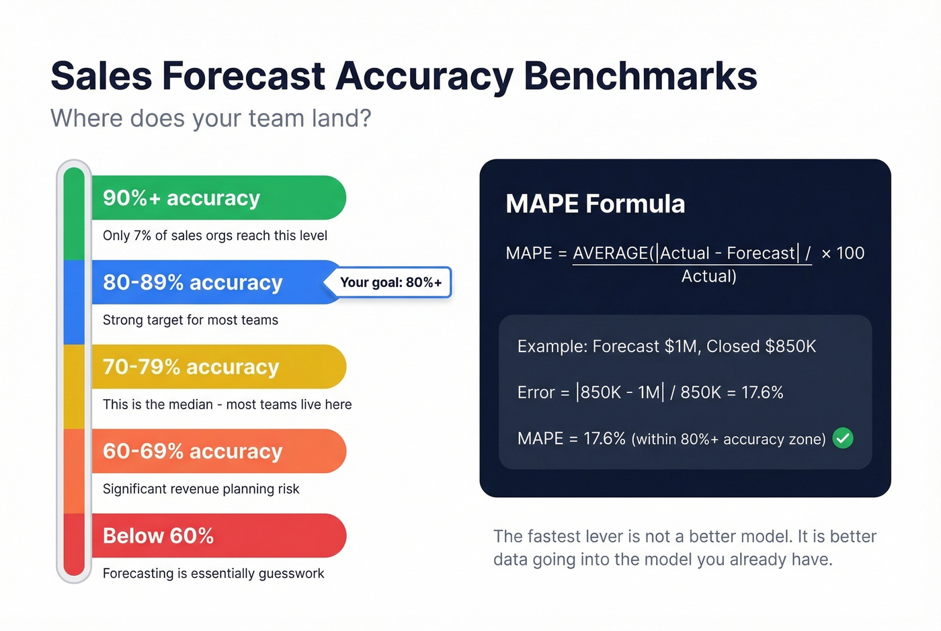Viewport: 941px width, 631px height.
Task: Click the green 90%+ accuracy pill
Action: [x=218, y=198]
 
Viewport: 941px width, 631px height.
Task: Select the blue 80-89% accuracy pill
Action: [x=208, y=282]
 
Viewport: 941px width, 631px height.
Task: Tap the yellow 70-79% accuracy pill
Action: [x=218, y=367]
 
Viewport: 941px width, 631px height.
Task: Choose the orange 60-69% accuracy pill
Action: [x=218, y=451]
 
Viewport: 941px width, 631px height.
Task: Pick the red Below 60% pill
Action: [x=218, y=536]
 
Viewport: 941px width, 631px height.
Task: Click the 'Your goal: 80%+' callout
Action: [x=391, y=282]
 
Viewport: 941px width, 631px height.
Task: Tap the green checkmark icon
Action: [x=843, y=438]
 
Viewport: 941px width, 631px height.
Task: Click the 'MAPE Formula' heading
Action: [x=595, y=204]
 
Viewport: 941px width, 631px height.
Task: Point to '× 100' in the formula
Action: [x=843, y=253]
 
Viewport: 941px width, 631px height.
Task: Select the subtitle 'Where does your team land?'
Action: [x=211, y=118]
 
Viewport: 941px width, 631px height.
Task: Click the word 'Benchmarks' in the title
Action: [x=640, y=76]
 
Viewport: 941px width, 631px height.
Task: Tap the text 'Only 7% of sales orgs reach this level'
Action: [x=215, y=236]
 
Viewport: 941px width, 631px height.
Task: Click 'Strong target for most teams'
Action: [x=190, y=320]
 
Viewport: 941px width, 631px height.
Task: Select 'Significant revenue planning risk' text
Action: [x=201, y=489]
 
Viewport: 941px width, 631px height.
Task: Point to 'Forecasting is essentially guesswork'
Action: [x=213, y=573]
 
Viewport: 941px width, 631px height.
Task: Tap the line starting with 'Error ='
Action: [x=650, y=392]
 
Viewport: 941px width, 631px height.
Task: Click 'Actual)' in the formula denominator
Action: [x=708, y=276]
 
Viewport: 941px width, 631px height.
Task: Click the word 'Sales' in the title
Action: [x=101, y=76]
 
